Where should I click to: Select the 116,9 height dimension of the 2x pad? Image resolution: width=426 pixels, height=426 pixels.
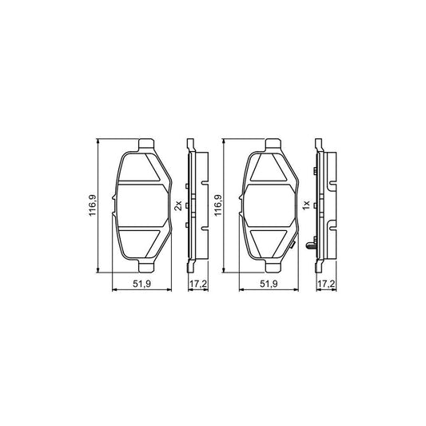pyautogui.click(x=93, y=206)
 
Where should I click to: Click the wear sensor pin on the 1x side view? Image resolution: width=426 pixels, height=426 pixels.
pyautogui.click(x=309, y=245)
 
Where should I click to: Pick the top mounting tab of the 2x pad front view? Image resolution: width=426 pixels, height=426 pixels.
pyautogui.click(x=145, y=145)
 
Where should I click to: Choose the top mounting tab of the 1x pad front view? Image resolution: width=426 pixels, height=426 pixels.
pyautogui.click(x=273, y=145)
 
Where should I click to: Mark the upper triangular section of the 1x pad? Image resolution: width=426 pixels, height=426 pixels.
pyautogui.click(x=269, y=167)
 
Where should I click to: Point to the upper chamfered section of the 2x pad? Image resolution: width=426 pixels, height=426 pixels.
pyautogui.click(x=141, y=167)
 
